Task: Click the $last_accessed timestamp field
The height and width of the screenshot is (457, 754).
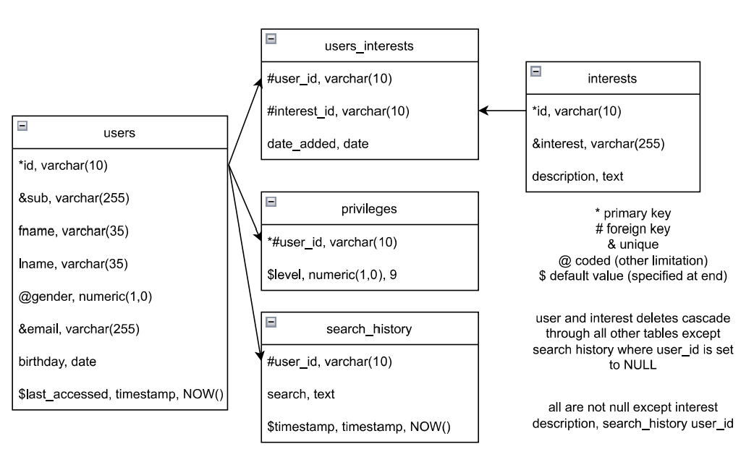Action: [x=121, y=393]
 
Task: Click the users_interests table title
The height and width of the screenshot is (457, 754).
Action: [x=369, y=46]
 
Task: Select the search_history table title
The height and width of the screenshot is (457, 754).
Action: [x=369, y=328]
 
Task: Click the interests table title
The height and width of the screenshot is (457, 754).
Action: [x=613, y=78]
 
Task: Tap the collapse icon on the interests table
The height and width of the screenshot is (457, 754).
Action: [x=535, y=71]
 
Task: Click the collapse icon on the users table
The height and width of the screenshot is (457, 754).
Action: [x=22, y=125]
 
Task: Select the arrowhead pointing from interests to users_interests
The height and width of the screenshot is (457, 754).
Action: [x=483, y=111]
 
